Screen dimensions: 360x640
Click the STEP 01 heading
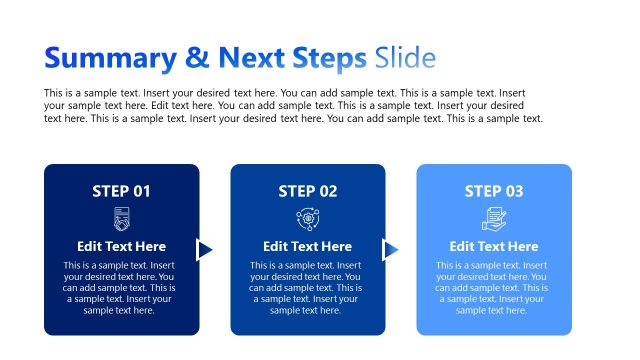tap(121, 191)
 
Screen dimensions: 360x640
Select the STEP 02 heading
tap(308, 191)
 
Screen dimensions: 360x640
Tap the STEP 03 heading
tap(494, 191)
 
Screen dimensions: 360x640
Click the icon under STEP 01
tap(122, 219)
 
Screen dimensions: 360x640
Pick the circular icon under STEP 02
tap(308, 219)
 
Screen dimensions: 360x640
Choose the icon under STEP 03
tap(494, 219)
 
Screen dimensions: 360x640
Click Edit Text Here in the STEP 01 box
tap(122, 246)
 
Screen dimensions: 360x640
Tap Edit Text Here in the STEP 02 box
tap(308, 246)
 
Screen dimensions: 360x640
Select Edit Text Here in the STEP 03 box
tap(494, 246)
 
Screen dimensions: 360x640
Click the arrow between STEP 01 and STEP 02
tap(205, 250)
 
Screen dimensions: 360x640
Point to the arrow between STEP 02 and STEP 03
tap(391, 250)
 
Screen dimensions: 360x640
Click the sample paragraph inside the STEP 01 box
tap(122, 288)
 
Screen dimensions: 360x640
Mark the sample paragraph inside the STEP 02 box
tap(308, 288)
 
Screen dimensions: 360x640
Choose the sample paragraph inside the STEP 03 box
tap(494, 288)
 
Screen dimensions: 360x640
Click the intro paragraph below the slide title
tap(294, 105)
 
